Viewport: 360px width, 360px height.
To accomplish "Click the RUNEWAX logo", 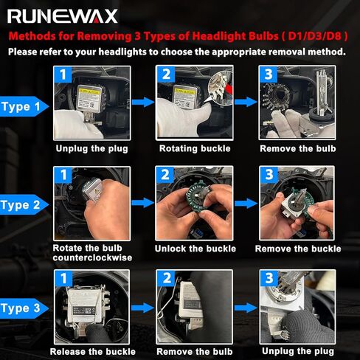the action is point(63,16).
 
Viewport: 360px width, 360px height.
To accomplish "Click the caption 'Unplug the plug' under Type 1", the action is point(92,148).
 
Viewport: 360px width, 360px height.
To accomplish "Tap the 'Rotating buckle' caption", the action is point(195,148).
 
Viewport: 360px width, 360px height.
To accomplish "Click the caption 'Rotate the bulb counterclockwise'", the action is point(92,253).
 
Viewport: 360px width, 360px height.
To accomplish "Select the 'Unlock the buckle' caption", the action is point(195,249).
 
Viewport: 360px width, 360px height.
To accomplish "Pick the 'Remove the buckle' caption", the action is point(298,249).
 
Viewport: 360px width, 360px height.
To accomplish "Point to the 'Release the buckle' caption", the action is point(93,352).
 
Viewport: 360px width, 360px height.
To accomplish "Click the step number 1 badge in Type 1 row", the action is point(63,75).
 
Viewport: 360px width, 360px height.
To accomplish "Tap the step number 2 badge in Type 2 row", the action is point(165,175).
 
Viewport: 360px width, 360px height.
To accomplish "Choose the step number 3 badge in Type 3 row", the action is point(269,278).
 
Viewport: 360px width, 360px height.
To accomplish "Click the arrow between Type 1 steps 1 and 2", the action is point(143,102).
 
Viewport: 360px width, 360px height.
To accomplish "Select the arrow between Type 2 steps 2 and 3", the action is point(246,203).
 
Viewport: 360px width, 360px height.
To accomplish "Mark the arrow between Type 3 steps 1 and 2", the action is point(142,308).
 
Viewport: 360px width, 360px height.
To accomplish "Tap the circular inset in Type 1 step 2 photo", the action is point(220,89).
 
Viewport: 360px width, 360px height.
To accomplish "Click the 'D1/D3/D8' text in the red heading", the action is point(314,36).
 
